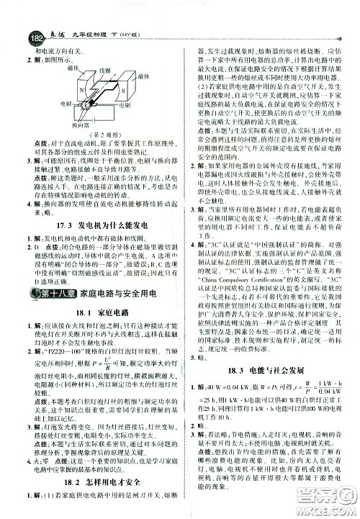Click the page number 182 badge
click(15, 19)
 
